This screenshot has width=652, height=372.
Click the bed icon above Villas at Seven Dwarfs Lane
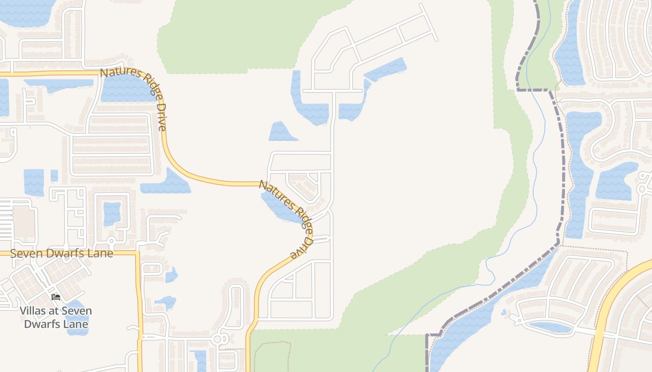click(x=56, y=297)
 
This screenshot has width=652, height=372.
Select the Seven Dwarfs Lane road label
click(x=61, y=253)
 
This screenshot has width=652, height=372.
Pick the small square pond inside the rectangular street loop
click(x=112, y=213)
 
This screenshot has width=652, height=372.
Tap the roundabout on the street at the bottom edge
click(x=217, y=339)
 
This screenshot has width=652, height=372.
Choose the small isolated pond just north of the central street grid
click(x=281, y=132)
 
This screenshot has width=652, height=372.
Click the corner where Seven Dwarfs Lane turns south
click(x=138, y=254)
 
